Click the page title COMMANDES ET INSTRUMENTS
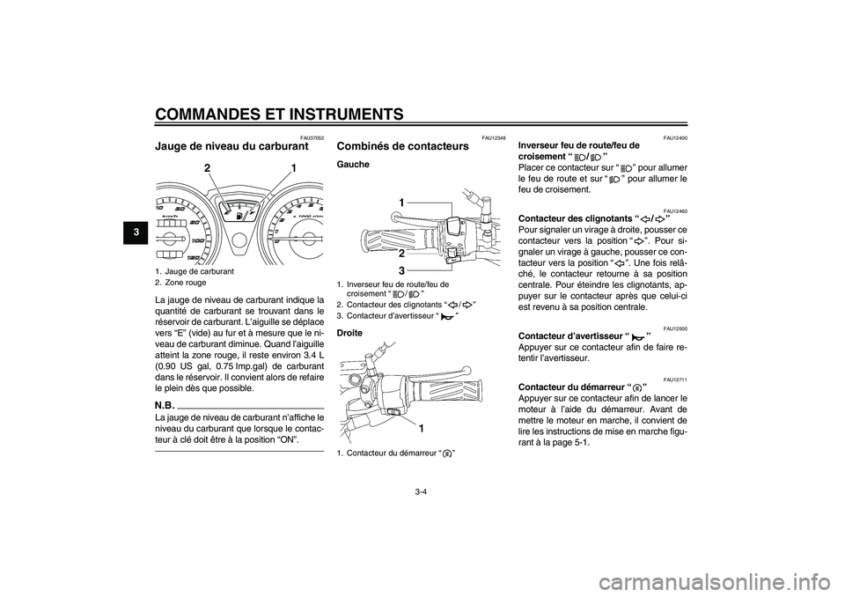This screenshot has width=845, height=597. [279, 114]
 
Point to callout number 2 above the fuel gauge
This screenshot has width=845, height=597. [208, 167]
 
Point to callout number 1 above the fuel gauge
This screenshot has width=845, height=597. [293, 167]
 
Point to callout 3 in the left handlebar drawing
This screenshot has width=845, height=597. [400, 269]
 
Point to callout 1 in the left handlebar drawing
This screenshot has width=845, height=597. [400, 203]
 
